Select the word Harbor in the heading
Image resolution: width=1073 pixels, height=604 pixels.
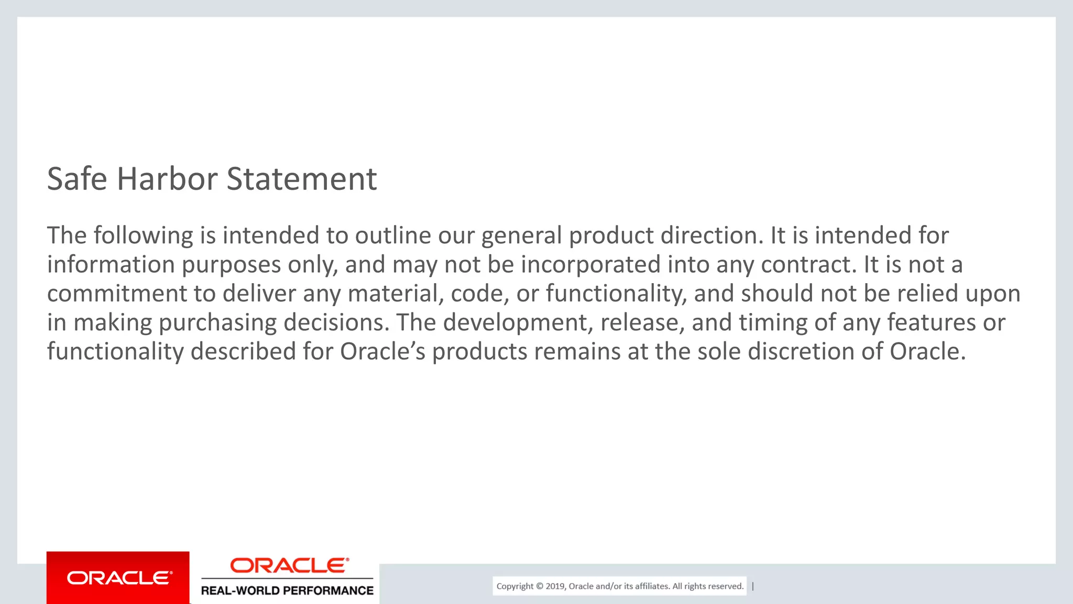pos(167,179)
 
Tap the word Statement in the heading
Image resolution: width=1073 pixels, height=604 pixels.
pos(302,179)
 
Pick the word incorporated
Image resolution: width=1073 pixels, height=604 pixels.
pos(590,264)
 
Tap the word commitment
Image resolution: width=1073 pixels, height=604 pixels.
pos(117,293)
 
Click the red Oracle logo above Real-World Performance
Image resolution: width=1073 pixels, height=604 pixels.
pos(289,565)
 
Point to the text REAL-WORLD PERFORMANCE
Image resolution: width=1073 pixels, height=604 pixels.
pos(287,590)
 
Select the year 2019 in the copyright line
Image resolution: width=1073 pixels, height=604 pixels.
pos(555,586)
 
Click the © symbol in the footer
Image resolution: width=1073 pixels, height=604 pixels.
pos(539,586)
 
